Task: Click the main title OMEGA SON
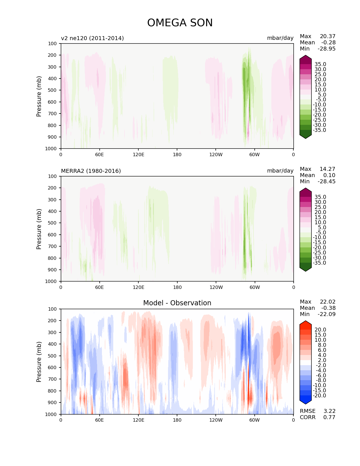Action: pyautogui.click(x=180, y=23)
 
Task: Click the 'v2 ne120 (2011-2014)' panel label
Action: pyautogui.click(x=92, y=38)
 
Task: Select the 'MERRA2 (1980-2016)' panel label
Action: pyautogui.click(x=91, y=171)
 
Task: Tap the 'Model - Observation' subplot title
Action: pyautogui.click(x=177, y=303)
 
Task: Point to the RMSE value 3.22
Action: pyautogui.click(x=329, y=411)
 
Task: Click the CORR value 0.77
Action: pyautogui.click(x=329, y=417)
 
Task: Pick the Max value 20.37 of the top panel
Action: pyautogui.click(x=328, y=36)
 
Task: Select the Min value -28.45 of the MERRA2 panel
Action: pyautogui.click(x=327, y=181)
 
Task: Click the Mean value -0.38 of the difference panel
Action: pyautogui.click(x=328, y=308)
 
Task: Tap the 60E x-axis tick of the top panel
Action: pyautogui.click(x=99, y=154)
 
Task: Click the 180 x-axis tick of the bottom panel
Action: pyautogui.click(x=177, y=420)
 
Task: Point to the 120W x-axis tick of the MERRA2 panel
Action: pyautogui.click(x=216, y=287)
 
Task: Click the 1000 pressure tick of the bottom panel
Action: pyautogui.click(x=51, y=414)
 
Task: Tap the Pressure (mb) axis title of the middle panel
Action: pyautogui.click(x=39, y=229)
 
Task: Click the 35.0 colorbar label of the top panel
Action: pyautogui.click(x=320, y=64)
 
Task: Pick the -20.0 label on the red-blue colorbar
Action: pyautogui.click(x=319, y=395)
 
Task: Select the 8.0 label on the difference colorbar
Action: pyautogui.click(x=322, y=345)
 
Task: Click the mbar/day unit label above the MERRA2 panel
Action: pyautogui.click(x=280, y=171)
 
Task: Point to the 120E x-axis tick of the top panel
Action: pyautogui.click(x=138, y=154)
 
